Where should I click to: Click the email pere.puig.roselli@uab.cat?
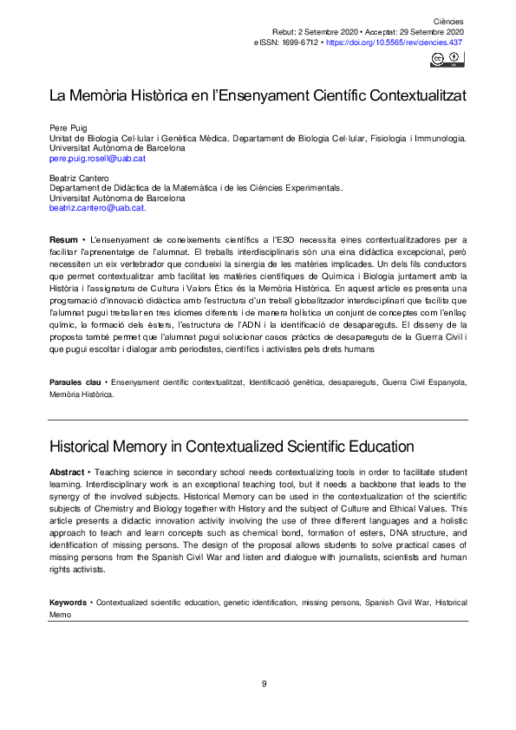point(97,159)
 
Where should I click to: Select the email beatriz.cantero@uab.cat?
point(96,208)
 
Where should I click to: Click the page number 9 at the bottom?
point(264,684)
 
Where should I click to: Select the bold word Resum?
point(63,238)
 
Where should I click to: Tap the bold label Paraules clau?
point(74,381)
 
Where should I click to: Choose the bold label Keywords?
point(68,577)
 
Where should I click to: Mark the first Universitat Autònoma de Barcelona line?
point(117,148)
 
